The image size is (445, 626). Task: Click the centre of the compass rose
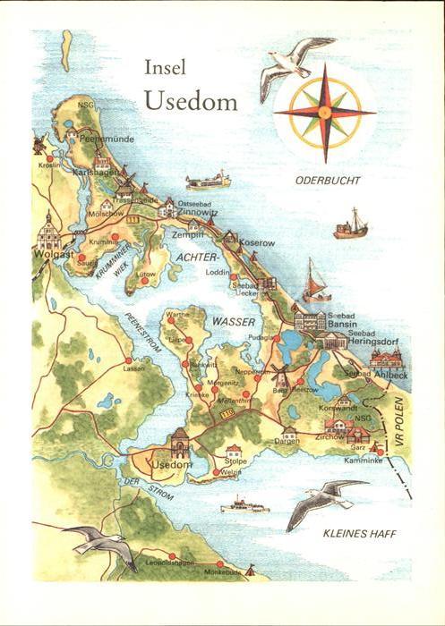click(x=325, y=112)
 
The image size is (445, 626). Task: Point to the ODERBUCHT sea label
click(x=328, y=181)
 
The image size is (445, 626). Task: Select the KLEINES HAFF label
click(x=360, y=534)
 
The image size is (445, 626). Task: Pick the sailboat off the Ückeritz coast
click(x=316, y=281)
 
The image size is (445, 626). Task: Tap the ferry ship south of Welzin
click(x=244, y=506)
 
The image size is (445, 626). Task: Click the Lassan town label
click(x=133, y=368)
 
